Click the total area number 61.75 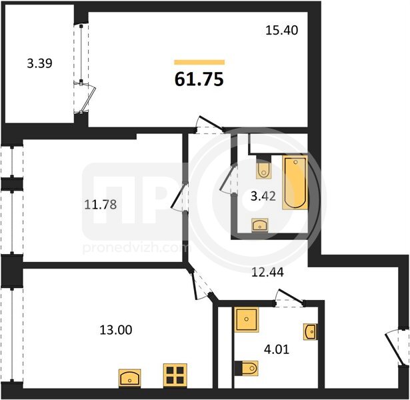pos(199,79)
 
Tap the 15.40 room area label pos(281,30)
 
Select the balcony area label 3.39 pos(40,63)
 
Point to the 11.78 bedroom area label pos(101,204)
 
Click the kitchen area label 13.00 pos(116,330)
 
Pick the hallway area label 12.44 pos(267,273)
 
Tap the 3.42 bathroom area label pos(263,196)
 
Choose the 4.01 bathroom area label pos(277,349)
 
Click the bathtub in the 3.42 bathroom pos(295,183)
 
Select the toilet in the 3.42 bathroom pos(263,167)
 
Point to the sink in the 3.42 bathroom pos(259,225)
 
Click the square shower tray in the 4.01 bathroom pos(247,319)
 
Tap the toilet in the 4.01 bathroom pos(247,369)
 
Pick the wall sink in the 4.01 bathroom pos(311,332)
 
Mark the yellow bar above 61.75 pos(199,62)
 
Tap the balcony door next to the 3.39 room pos(85,97)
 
